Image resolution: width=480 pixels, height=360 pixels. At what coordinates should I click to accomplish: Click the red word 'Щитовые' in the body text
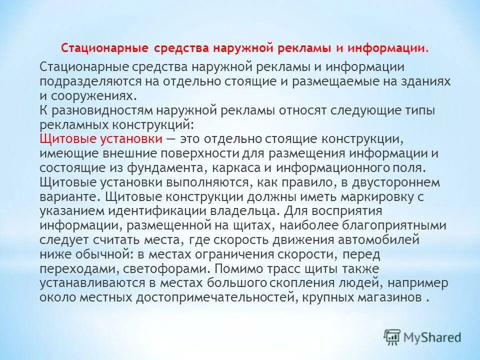pyautogui.click(x=62, y=138)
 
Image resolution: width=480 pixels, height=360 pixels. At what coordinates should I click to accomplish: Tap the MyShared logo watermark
pyautogui.click(x=422, y=336)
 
